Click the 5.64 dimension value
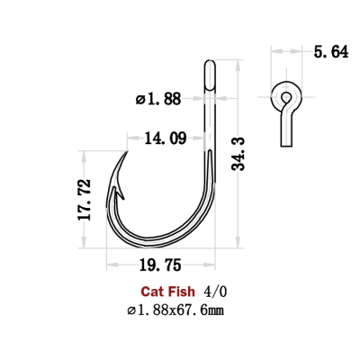point(328,52)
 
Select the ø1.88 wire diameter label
point(160,98)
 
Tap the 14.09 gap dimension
point(165,138)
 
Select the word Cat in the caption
point(152,292)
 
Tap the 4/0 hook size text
point(216,292)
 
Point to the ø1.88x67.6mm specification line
point(176,310)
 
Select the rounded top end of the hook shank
point(211,65)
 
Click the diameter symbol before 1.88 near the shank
point(140,98)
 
